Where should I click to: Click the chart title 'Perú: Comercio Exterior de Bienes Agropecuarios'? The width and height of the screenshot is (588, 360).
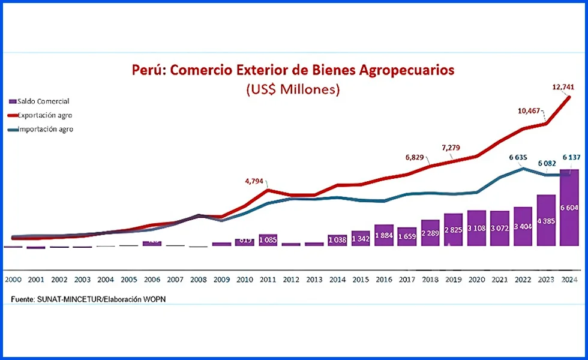pyautogui.click(x=293, y=70)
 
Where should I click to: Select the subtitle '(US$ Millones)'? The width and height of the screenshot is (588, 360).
pyautogui.click(x=293, y=90)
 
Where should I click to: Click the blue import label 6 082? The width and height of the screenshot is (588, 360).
pyautogui.click(x=546, y=163)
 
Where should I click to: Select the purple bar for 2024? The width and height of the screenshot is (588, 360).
pyautogui.click(x=569, y=208)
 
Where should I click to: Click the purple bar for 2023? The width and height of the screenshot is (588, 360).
pyautogui.click(x=546, y=220)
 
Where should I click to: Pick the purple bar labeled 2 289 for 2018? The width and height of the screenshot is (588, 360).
pyautogui.click(x=430, y=233)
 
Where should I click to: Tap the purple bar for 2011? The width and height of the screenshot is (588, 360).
pyautogui.click(x=268, y=240)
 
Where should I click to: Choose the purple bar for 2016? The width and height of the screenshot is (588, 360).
pyautogui.click(x=383, y=235)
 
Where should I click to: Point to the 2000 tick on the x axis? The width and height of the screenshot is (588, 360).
pyautogui.click(x=13, y=280)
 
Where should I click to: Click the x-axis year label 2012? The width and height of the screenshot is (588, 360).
pyautogui.click(x=291, y=280)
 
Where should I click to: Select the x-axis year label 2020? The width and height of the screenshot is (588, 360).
pyautogui.click(x=476, y=280)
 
